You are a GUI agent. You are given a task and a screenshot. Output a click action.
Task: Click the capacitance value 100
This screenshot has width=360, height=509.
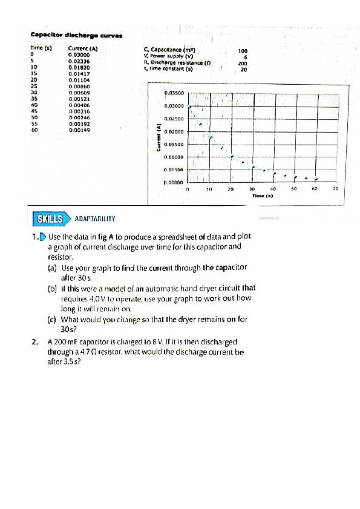click(x=243, y=51)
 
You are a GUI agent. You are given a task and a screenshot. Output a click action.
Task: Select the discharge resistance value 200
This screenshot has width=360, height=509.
click(x=243, y=64)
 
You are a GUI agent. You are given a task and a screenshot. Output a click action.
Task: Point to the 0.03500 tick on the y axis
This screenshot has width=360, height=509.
click(x=174, y=93)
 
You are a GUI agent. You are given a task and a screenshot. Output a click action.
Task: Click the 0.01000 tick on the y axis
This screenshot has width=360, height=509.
click(x=174, y=157)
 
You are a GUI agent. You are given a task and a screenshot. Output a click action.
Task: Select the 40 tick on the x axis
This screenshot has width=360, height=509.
click(x=273, y=189)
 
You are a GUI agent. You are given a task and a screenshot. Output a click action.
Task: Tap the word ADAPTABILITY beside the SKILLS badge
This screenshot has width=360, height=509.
click(x=95, y=218)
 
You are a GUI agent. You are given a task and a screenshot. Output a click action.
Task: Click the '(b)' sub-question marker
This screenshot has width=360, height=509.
click(x=52, y=288)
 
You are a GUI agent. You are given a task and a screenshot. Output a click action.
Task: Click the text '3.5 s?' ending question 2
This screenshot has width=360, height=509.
click(x=71, y=361)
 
